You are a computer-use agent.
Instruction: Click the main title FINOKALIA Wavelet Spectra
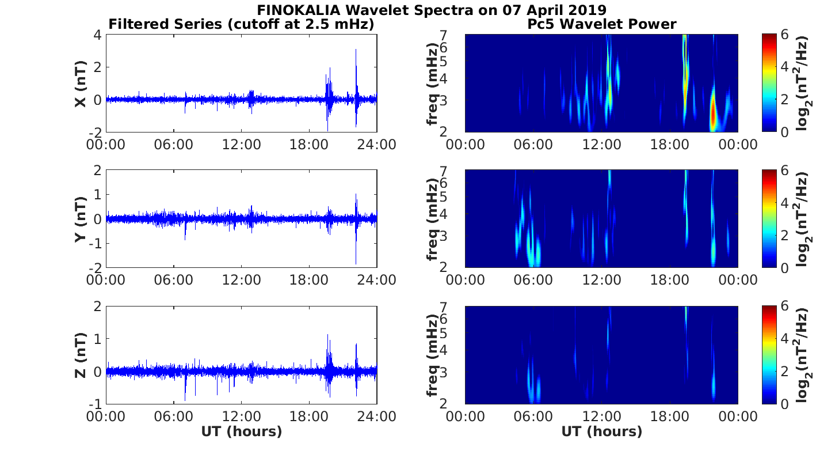coord(431,10)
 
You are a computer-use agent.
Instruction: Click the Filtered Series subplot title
coord(241,24)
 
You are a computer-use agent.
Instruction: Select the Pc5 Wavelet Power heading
coord(601,24)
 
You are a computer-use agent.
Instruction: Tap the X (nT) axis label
coord(81,84)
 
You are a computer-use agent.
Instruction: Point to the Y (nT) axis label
coord(81,220)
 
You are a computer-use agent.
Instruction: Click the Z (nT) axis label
coord(81,355)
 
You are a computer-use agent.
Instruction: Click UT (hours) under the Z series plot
coord(241,432)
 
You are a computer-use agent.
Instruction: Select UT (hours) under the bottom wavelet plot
coord(601,432)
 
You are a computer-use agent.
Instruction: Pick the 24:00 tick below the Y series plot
coord(377,280)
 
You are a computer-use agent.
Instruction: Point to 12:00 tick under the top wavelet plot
coord(601,145)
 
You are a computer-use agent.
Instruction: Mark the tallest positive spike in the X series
coord(356,51)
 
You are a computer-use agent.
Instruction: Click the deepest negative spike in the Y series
coord(356,263)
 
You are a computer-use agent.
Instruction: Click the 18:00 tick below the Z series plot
coord(309,416)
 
